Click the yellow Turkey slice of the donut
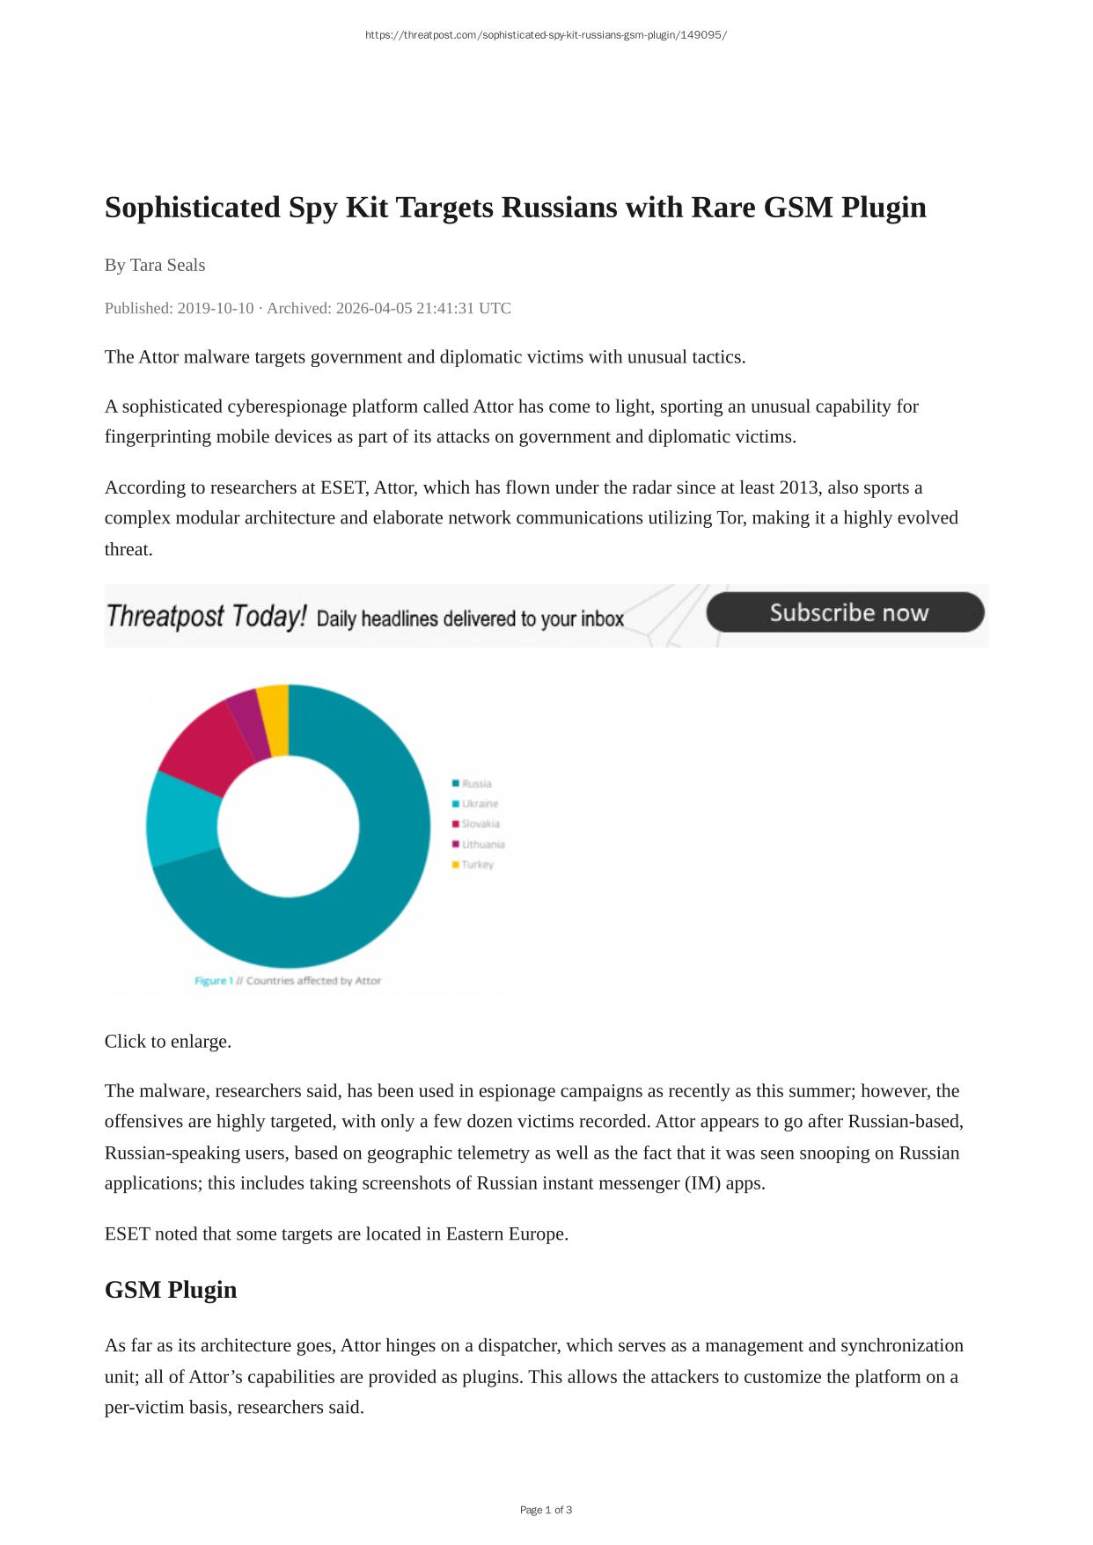click(x=275, y=720)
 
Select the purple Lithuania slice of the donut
click(x=248, y=725)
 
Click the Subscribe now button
click(x=845, y=612)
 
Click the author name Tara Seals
click(x=167, y=265)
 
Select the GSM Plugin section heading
click(x=171, y=1290)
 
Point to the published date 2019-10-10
click(x=215, y=308)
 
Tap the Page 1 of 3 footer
click(x=546, y=1510)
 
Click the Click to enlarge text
click(x=168, y=1041)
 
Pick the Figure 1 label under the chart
click(x=214, y=980)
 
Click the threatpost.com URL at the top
click(x=546, y=35)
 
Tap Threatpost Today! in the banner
click(x=206, y=616)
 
